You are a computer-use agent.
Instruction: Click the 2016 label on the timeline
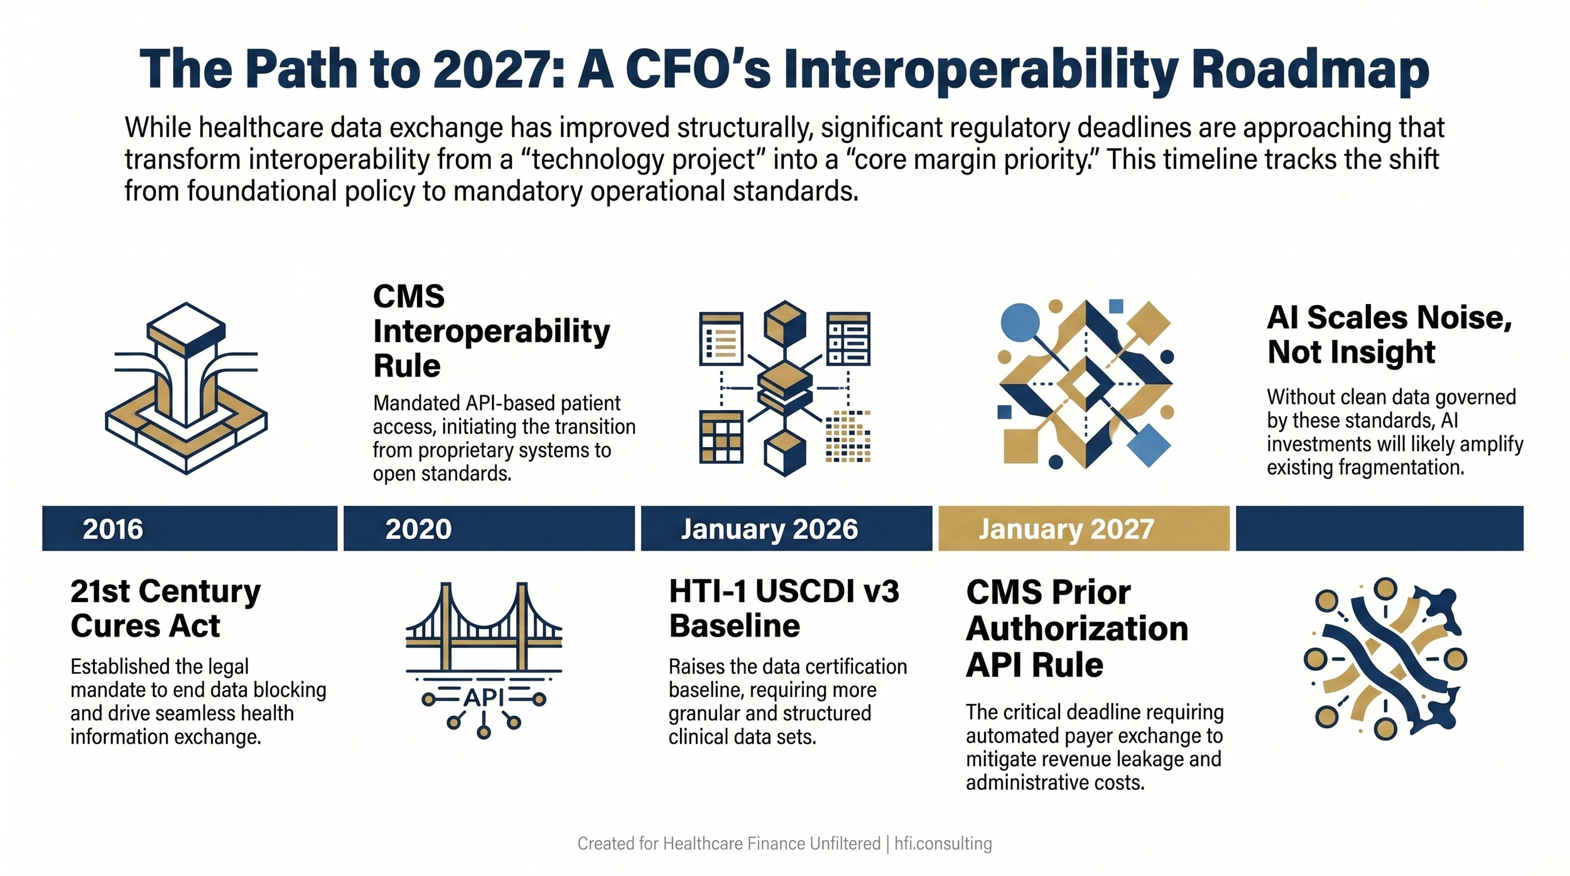pyautogui.click(x=113, y=529)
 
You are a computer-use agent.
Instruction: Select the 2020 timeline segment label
pyautogui.click(x=418, y=529)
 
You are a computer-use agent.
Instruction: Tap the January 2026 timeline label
pyautogui.click(x=769, y=529)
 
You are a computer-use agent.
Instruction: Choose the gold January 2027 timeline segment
pyautogui.click(x=1083, y=529)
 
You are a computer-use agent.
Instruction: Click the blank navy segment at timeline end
pyautogui.click(x=1379, y=529)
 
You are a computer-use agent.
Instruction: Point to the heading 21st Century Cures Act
pyautogui.click(x=165, y=608)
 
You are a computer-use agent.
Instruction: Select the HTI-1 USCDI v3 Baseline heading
pyautogui.click(x=784, y=608)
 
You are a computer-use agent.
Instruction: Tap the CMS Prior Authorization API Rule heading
pyautogui.click(x=1076, y=629)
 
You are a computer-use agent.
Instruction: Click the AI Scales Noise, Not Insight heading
pyautogui.click(x=1389, y=335)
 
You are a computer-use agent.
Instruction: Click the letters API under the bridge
pyautogui.click(x=484, y=698)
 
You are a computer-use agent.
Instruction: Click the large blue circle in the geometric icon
pyautogui.click(x=1019, y=323)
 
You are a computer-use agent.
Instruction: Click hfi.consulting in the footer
pyautogui.click(x=943, y=843)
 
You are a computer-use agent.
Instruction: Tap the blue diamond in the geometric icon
pyautogui.click(x=1149, y=445)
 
